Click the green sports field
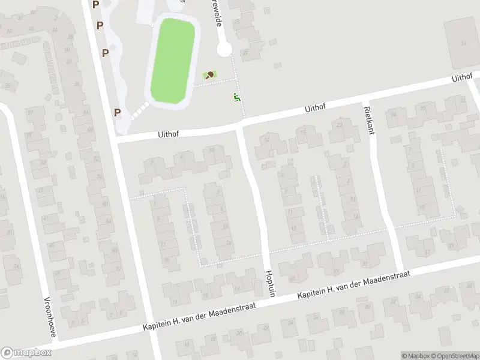tap(173, 60)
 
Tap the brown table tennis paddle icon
tap(210, 75)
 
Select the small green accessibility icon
tap(237, 97)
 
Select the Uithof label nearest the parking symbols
tap(170, 135)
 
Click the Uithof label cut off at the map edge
tap(463, 79)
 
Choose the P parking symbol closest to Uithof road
tap(118, 112)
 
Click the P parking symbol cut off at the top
tap(95, 4)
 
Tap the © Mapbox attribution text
tap(415, 356)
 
